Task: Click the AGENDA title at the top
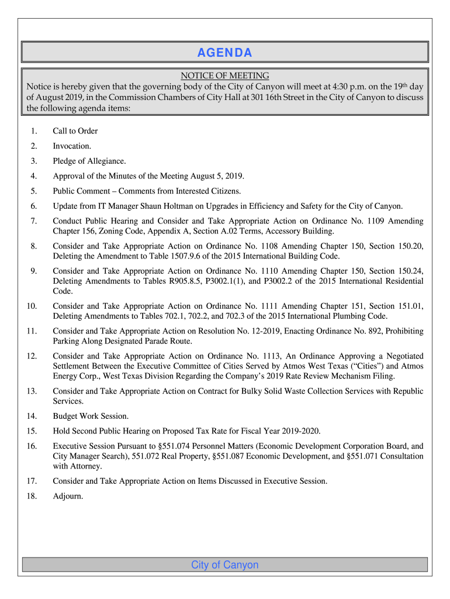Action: click(x=224, y=53)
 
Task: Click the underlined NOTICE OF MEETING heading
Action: click(x=224, y=75)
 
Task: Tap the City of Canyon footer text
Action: click(x=224, y=564)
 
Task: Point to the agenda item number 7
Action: click(x=33, y=221)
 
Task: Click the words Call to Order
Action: click(x=75, y=131)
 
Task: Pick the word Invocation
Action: click(x=72, y=146)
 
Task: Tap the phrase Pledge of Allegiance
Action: click(x=89, y=161)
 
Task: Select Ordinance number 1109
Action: click(x=369, y=221)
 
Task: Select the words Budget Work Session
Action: click(x=91, y=416)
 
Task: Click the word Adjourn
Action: click(x=68, y=496)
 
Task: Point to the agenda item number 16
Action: click(x=32, y=446)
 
